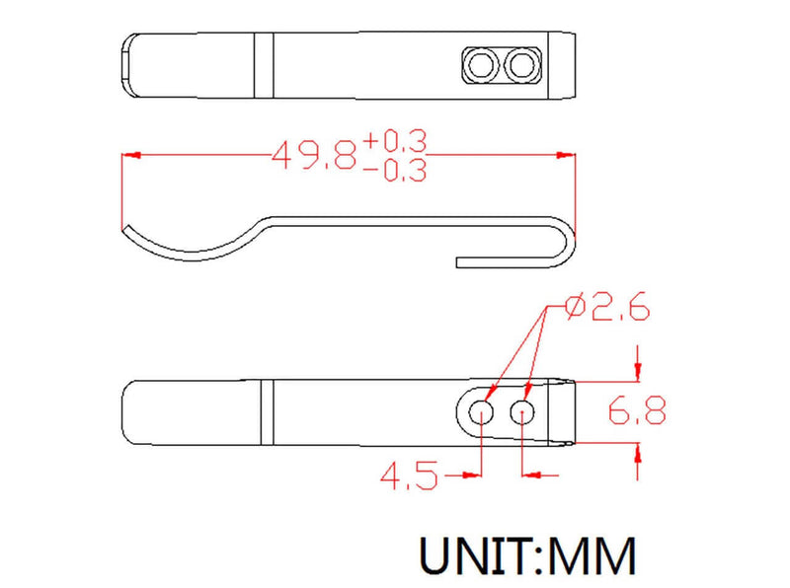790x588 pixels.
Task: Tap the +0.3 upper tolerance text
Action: (x=394, y=142)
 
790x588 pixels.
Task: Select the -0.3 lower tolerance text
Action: (x=394, y=171)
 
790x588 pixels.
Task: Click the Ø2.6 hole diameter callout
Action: (x=606, y=310)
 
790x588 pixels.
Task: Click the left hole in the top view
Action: (x=483, y=66)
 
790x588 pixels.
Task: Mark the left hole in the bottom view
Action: (x=483, y=411)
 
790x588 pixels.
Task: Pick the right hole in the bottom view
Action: (x=524, y=411)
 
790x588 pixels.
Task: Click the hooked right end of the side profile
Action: (x=567, y=247)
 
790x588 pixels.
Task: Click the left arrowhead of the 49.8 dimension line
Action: (x=128, y=156)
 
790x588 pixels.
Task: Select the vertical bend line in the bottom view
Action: (x=265, y=411)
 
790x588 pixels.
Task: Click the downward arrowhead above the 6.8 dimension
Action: (x=638, y=371)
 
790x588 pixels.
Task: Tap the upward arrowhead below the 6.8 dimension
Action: (x=638, y=452)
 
